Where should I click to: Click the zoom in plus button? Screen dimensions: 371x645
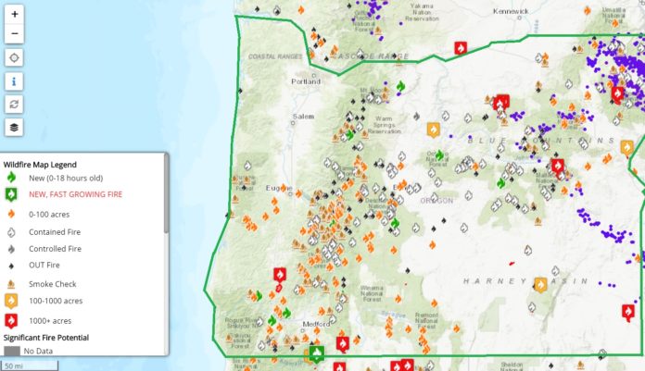(15, 15)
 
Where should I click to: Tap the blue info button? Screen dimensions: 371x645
(15, 80)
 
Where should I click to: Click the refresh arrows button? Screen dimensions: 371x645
(15, 104)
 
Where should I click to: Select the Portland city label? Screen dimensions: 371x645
(306, 81)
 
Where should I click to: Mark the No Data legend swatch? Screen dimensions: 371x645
(11, 352)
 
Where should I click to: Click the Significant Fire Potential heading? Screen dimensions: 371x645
(61, 337)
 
